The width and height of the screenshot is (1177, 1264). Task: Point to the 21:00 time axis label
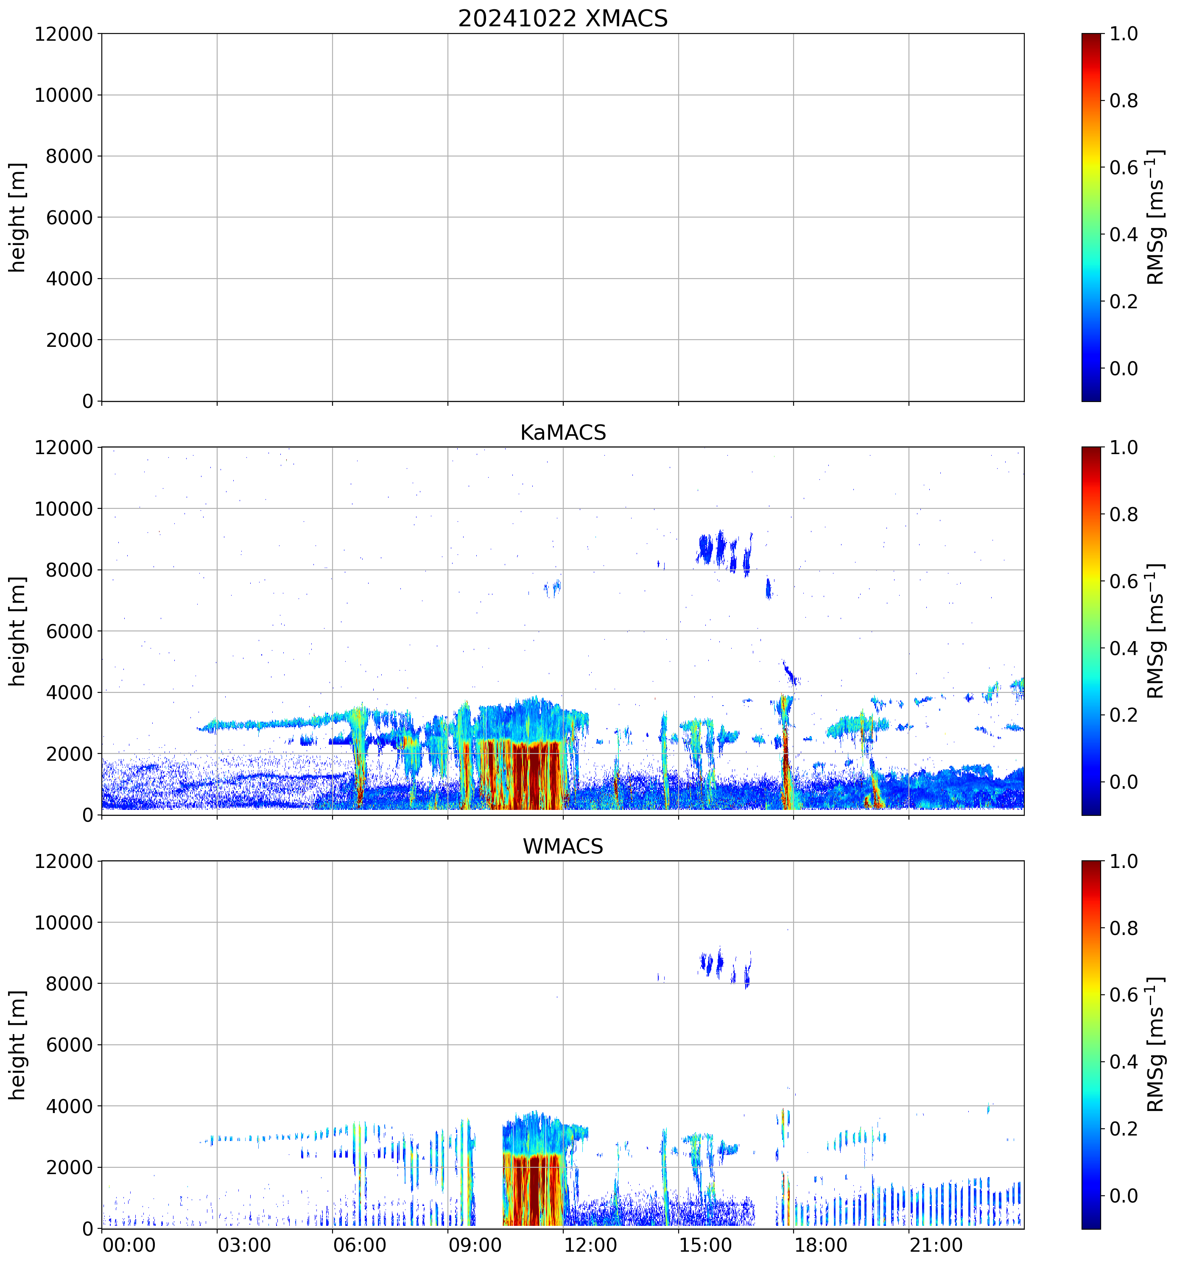[935, 1245]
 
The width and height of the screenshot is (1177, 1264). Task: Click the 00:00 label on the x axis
[129, 1245]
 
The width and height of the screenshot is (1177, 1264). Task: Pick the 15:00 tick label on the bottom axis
[705, 1245]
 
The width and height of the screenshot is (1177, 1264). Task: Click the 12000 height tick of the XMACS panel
[64, 33]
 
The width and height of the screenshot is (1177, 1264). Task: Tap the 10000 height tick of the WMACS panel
[64, 923]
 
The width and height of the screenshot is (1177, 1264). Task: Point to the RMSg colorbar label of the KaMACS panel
[1155, 631]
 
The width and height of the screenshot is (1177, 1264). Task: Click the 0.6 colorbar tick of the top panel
[1124, 168]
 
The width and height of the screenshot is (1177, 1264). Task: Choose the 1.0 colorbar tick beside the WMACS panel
[1124, 862]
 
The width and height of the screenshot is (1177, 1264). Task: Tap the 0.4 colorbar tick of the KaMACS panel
[1124, 648]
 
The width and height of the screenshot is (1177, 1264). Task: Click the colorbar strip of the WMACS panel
[1090, 1045]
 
